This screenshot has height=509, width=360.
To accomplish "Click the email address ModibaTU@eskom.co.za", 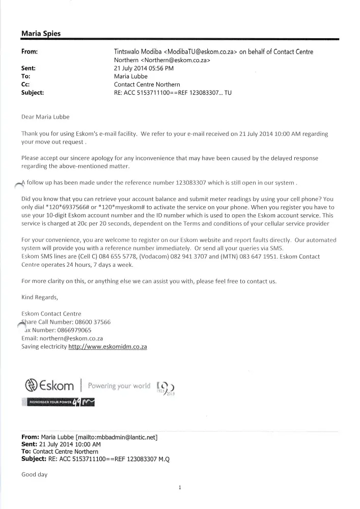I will pyautogui.click(x=199, y=52).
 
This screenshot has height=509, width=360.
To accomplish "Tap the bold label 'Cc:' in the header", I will pyautogui.click(x=26, y=84).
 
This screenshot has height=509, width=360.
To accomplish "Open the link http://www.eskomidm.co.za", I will pyautogui.click(x=107, y=346).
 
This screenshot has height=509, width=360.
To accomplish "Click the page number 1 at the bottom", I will pyautogui.click(x=180, y=488).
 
